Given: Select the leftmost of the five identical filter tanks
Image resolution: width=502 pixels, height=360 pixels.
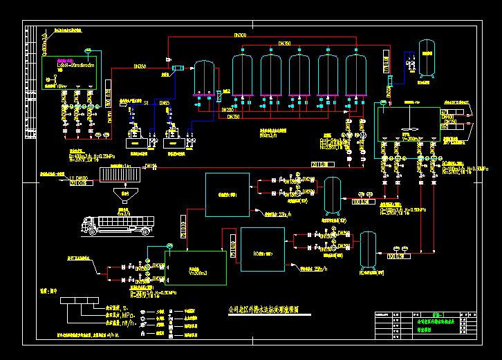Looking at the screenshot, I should pyautogui.click(x=242, y=73).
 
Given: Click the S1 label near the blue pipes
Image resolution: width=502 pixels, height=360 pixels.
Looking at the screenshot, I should pyautogui.click(x=147, y=103).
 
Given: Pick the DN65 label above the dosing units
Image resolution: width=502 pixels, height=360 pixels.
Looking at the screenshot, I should pyautogui.click(x=165, y=103).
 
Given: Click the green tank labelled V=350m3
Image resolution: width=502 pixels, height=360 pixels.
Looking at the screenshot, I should pyautogui.click(x=196, y=268).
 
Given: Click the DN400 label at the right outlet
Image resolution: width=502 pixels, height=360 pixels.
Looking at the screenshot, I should pyautogui.click(x=448, y=117).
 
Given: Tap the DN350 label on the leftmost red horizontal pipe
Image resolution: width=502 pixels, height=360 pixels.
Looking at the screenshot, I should pyautogui.click(x=138, y=66).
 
